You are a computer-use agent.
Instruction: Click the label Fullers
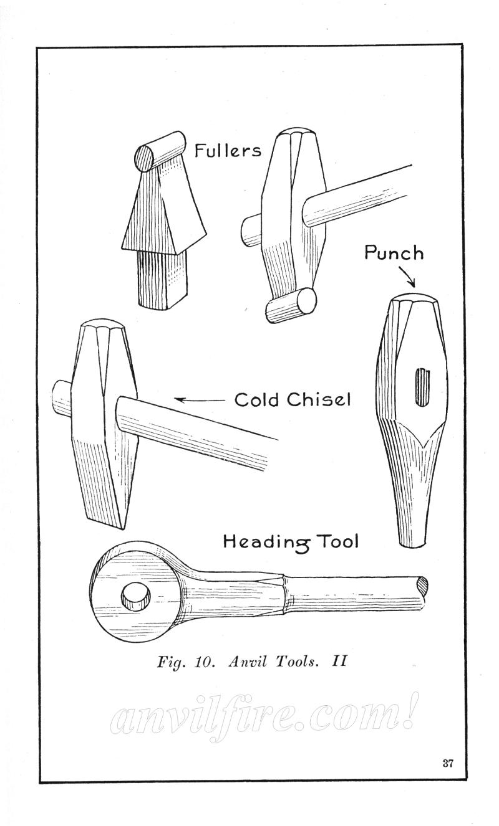coord(228,151)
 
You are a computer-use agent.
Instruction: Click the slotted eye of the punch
coord(422,405)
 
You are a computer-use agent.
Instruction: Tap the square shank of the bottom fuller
coord(161,283)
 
